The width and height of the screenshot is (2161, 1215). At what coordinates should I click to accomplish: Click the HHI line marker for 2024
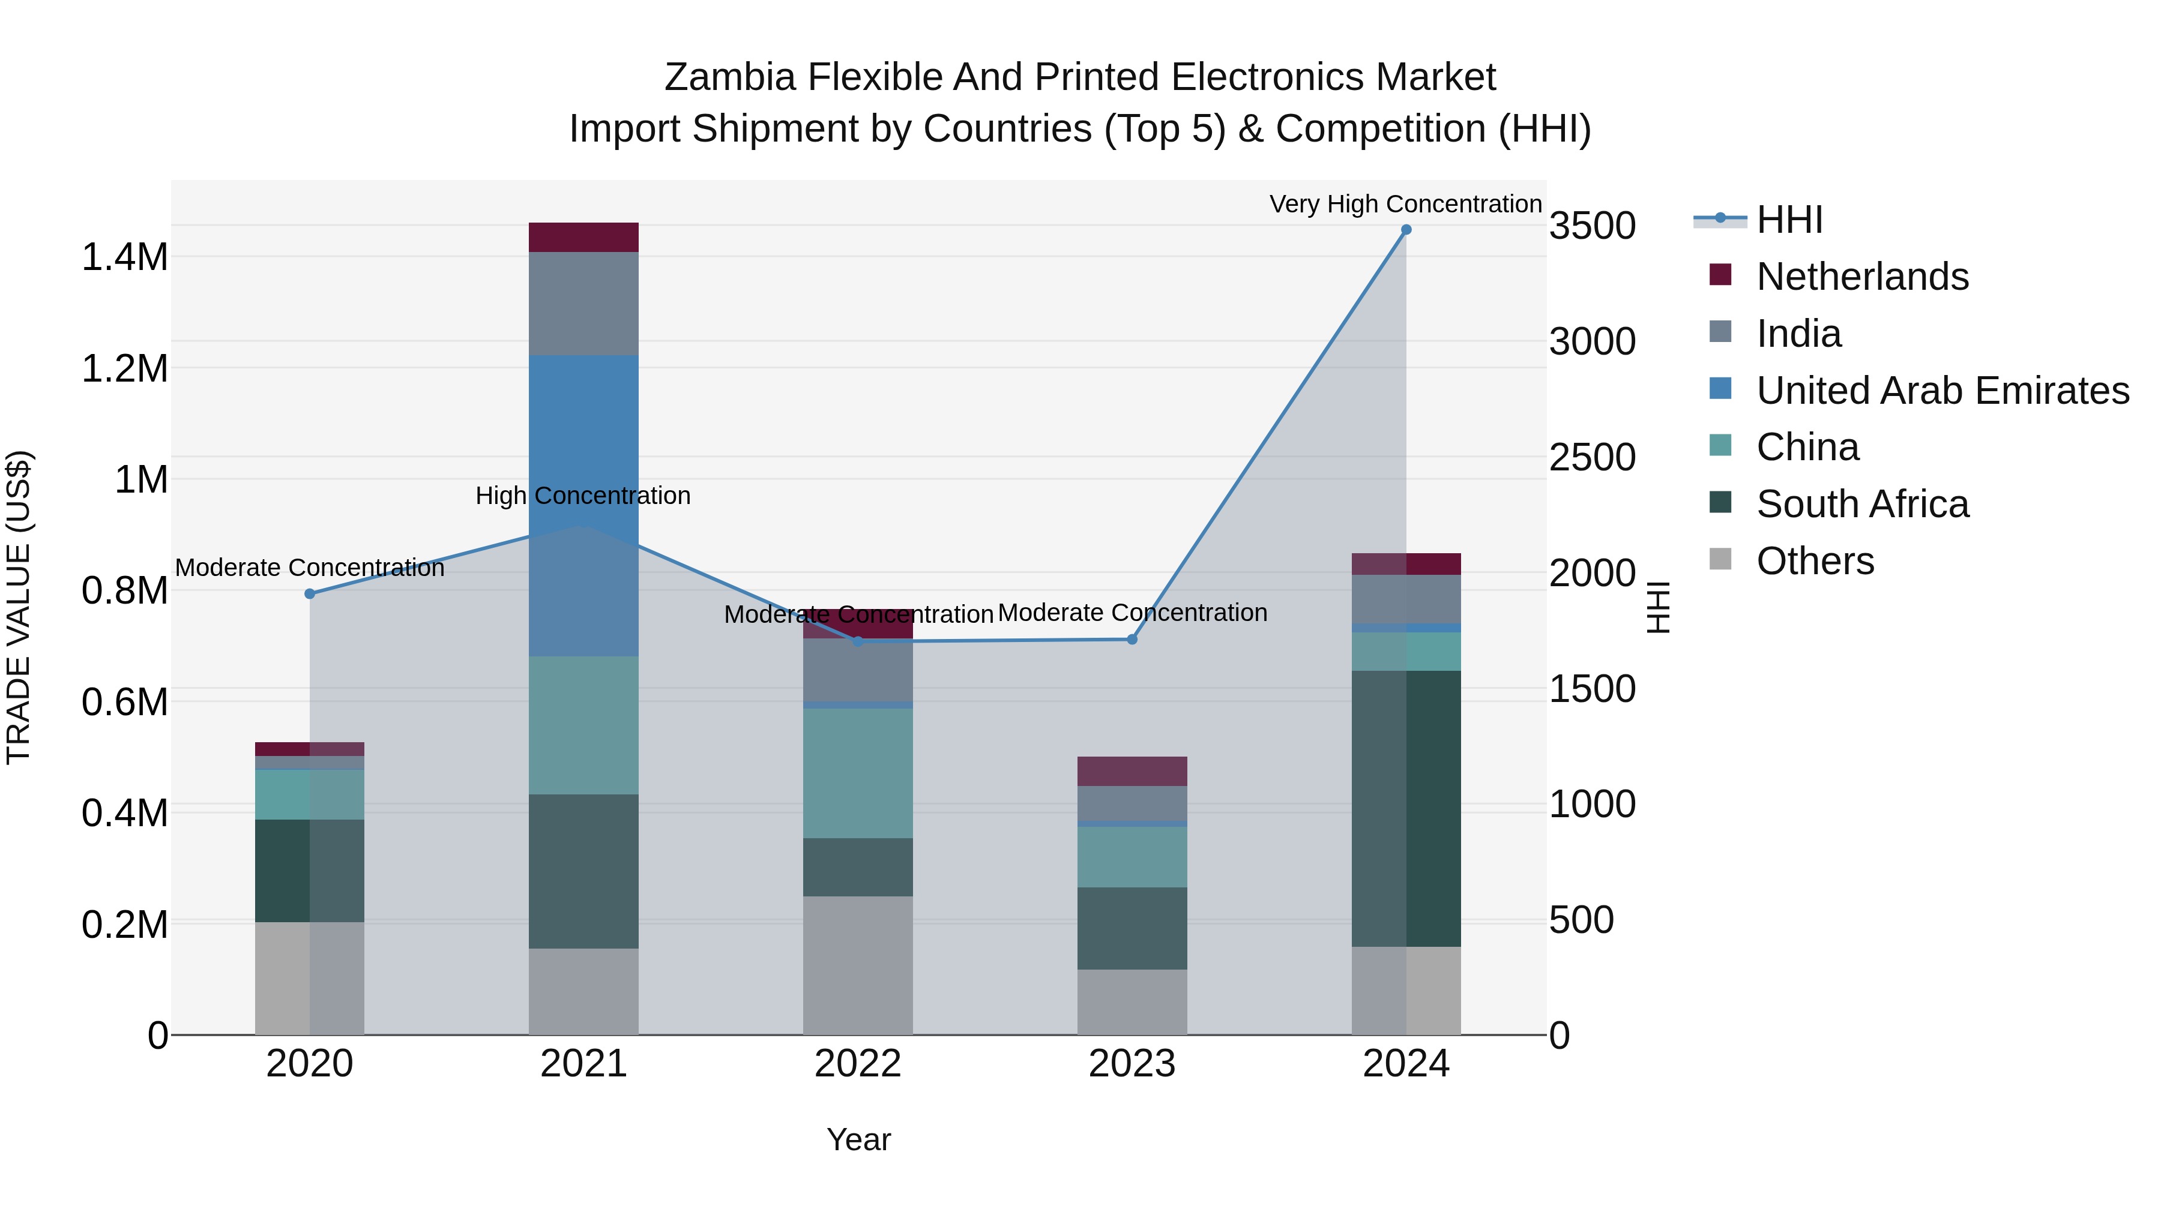[1406, 230]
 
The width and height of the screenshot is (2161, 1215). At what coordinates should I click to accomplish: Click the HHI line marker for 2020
[310, 593]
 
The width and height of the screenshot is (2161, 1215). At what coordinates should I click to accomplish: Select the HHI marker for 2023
[1132, 640]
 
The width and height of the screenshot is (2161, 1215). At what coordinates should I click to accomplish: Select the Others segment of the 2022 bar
[857, 965]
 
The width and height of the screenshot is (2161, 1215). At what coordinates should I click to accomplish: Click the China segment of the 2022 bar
[857, 773]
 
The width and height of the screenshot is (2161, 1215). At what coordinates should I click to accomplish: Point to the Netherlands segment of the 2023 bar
[1132, 772]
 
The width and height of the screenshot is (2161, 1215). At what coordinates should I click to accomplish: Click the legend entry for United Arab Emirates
[1942, 391]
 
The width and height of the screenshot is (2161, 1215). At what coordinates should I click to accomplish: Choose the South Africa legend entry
[1861, 504]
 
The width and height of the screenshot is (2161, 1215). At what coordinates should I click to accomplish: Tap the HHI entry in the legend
[1789, 220]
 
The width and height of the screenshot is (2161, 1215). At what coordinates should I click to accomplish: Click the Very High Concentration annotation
[1405, 204]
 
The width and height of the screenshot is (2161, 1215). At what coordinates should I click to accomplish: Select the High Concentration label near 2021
[583, 496]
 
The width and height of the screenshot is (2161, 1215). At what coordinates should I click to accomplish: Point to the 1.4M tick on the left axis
[124, 257]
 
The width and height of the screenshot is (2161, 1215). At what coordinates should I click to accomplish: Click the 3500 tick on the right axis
[1592, 226]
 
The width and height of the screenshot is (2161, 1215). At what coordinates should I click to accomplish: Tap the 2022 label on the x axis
[857, 1064]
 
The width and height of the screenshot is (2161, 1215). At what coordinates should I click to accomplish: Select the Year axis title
[858, 1139]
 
